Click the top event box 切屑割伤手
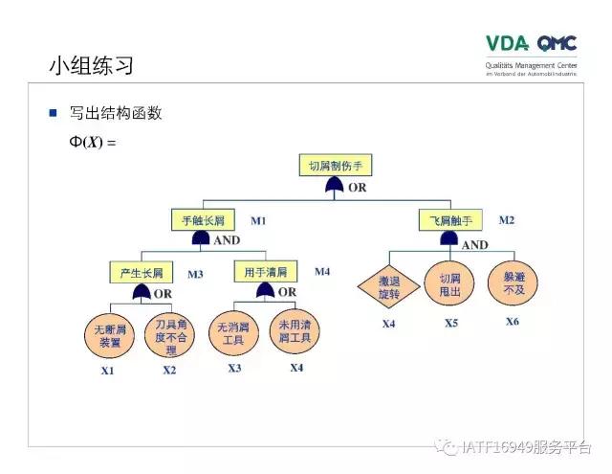click(x=335, y=165)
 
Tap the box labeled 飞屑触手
click(x=448, y=221)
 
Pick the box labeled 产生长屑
click(x=141, y=272)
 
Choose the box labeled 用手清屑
click(x=265, y=272)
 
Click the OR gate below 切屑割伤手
click(x=334, y=187)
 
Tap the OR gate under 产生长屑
click(x=142, y=292)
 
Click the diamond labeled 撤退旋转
click(x=388, y=288)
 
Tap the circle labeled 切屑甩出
click(x=449, y=283)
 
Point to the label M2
click(x=506, y=220)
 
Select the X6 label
click(x=513, y=322)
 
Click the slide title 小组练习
click(x=91, y=66)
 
